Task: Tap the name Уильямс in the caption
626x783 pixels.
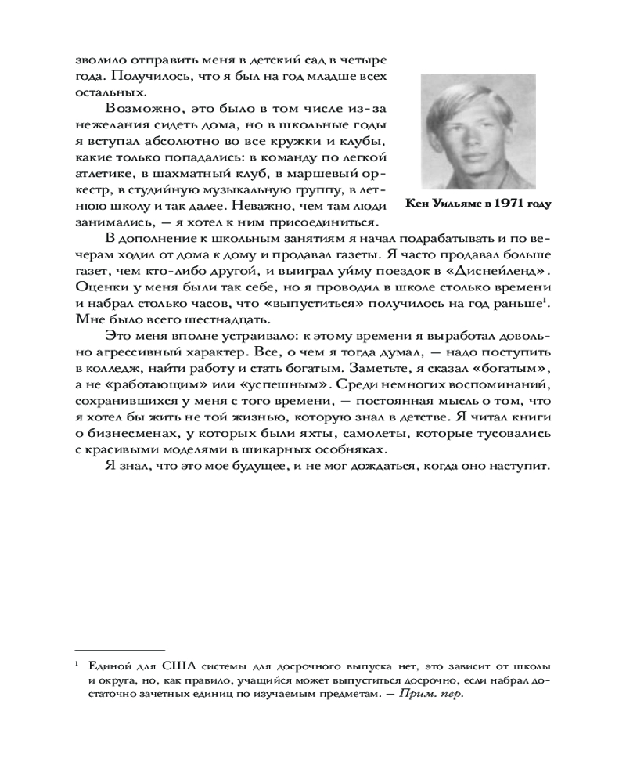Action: (453, 204)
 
